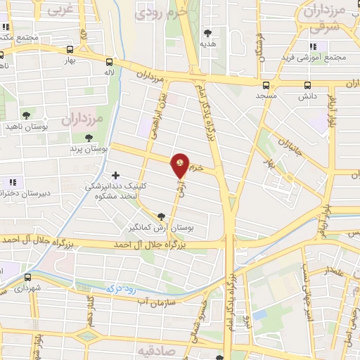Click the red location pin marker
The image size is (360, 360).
pos(181,165)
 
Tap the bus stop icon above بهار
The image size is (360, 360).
pos(70,49)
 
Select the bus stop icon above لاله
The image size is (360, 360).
pos(109,61)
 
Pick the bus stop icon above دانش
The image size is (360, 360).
pos(307,85)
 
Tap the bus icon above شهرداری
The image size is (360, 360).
pos(28,277)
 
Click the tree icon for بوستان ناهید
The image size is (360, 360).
pos(27,115)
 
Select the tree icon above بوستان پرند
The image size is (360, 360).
pos(89,139)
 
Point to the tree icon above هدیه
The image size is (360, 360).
pos(207,32)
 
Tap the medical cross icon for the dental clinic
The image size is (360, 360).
pos(116,175)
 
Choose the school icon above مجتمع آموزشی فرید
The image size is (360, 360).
pos(311,46)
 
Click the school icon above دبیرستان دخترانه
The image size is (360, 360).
pos(11,182)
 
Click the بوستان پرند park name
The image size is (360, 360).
pos(89,149)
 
